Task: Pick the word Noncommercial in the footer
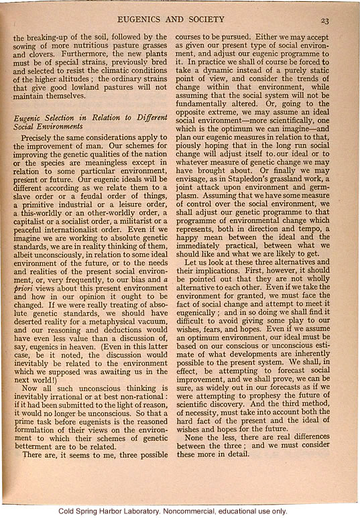(x=200, y=511)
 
